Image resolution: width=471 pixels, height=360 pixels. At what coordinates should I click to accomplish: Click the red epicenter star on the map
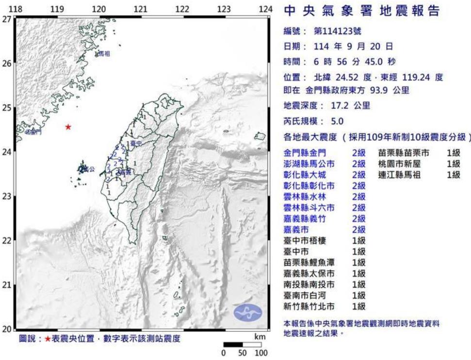point(68,127)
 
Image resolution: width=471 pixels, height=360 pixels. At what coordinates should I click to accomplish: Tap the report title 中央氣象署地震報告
point(361,11)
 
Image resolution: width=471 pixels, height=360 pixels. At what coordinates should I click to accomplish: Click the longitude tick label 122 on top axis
point(182,9)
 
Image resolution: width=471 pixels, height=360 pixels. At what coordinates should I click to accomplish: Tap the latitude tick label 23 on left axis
point(7,196)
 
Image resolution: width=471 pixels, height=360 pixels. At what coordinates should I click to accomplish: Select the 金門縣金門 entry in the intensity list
point(302,153)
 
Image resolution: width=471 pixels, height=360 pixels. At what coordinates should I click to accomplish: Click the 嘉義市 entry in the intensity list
point(294,229)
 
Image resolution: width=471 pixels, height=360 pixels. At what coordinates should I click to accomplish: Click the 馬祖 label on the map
point(104,54)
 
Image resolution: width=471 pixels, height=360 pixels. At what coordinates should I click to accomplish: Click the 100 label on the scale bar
point(261,353)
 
